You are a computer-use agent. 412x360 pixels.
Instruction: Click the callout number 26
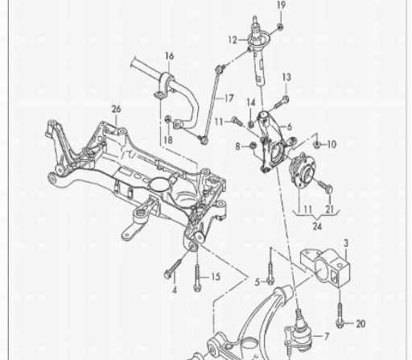point(117,110)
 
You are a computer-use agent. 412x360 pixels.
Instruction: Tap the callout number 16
point(169,56)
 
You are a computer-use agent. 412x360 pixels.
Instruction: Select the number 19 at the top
point(281,5)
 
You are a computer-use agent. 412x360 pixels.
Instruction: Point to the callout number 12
point(233,40)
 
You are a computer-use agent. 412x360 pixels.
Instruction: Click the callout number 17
point(229,98)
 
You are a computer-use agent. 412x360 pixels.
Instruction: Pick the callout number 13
point(286,77)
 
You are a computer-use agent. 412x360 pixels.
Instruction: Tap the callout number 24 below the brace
point(317,226)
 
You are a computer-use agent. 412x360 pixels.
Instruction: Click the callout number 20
point(360,324)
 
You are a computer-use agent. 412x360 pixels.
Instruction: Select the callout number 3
point(346,243)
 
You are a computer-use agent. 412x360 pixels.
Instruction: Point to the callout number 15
point(216,277)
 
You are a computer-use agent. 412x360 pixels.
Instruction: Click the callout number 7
point(327,336)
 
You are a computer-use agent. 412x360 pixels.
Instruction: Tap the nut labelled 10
point(316,145)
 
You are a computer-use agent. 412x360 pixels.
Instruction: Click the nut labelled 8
point(253,146)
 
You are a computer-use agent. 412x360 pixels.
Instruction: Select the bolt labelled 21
point(325,186)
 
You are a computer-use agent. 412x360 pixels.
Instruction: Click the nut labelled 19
point(280,27)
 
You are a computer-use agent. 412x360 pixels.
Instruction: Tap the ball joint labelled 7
point(299,333)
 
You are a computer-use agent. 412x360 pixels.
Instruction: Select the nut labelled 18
point(168,118)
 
